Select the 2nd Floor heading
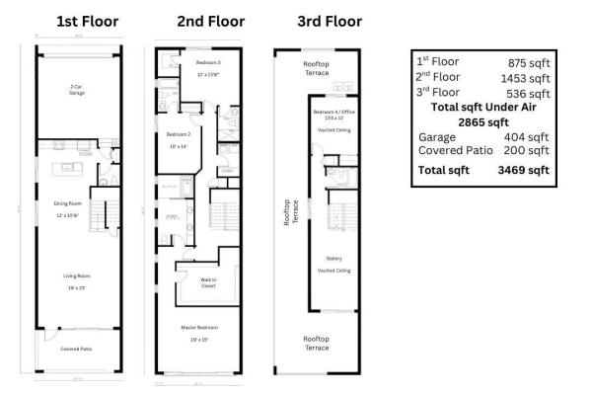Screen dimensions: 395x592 tap(210, 21)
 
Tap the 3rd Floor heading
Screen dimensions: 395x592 tap(329, 21)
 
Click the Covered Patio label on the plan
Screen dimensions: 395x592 tap(76, 349)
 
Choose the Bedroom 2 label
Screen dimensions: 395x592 tap(178, 134)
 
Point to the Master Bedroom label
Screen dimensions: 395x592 tap(198, 327)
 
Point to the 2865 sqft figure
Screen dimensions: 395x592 tap(481, 121)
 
